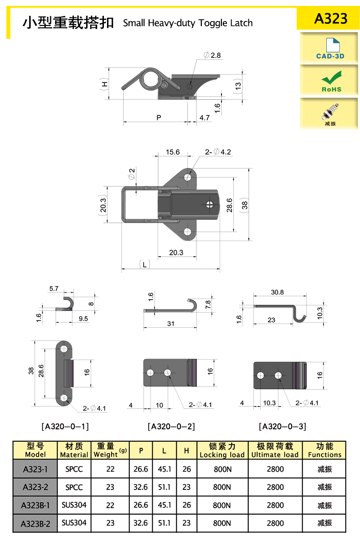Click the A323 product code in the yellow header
tap(330, 18)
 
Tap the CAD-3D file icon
tap(333, 45)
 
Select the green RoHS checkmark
tap(331, 77)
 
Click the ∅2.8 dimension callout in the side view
tap(212, 55)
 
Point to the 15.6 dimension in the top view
tap(173, 152)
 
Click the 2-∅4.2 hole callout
tap(218, 152)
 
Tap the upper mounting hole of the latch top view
tap(188, 177)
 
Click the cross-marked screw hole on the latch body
tap(210, 204)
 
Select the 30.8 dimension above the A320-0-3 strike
tap(277, 292)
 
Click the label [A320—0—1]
tap(65, 426)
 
